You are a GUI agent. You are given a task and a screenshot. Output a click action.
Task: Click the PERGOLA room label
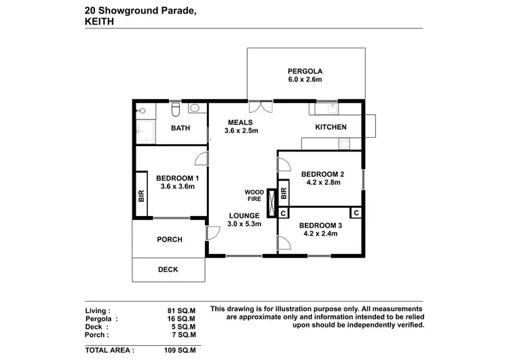(x=304, y=71)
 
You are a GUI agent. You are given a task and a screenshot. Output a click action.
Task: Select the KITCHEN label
(x=331, y=127)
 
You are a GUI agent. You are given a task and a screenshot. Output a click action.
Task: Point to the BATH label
(x=180, y=128)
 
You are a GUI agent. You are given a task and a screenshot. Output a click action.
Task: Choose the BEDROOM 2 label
(x=322, y=174)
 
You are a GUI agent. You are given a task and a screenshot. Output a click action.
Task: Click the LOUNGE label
(x=243, y=215)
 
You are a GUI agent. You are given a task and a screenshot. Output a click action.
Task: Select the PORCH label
(x=169, y=239)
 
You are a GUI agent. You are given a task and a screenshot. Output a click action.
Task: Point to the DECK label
(x=168, y=270)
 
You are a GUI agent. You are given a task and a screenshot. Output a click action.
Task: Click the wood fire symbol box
(x=272, y=201)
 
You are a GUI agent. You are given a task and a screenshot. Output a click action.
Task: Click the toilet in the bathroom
(x=176, y=109)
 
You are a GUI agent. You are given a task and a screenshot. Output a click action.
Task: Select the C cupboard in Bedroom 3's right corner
(x=356, y=213)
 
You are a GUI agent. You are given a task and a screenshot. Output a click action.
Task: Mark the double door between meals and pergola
(x=261, y=105)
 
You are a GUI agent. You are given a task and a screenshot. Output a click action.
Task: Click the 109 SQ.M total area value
(x=181, y=350)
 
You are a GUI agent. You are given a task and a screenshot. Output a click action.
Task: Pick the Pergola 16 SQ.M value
(x=181, y=318)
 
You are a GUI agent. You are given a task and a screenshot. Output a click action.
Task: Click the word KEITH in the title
(x=99, y=20)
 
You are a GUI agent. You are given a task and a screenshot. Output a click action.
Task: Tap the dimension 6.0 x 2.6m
(x=304, y=80)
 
